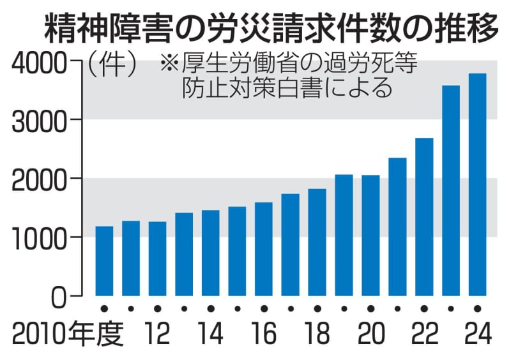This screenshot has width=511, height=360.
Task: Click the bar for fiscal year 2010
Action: tap(104, 261)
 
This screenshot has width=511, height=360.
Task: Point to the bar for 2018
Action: tap(317, 242)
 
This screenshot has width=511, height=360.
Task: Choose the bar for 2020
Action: tap(370, 235)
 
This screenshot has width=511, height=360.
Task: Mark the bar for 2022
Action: tap(424, 216)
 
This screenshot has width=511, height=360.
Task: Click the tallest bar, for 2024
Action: tap(477, 184)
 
